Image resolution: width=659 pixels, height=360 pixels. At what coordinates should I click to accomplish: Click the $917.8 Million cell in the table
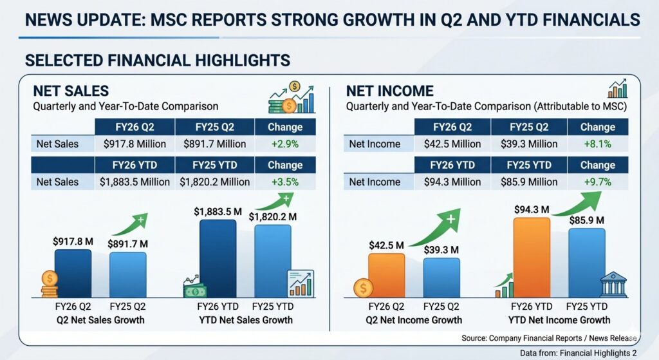pyautogui.click(x=135, y=144)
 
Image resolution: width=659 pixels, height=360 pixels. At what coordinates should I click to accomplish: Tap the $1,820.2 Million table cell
pyautogui.click(x=215, y=182)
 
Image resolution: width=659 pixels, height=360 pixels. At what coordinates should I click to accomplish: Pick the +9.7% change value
pyautogui.click(x=597, y=182)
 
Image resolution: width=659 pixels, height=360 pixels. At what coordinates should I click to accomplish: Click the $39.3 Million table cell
pyautogui.click(x=529, y=144)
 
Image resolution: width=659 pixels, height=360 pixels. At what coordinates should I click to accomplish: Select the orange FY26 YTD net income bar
pyautogui.click(x=532, y=258)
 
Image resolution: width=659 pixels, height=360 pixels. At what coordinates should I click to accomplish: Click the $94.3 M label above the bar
pyautogui.click(x=532, y=209)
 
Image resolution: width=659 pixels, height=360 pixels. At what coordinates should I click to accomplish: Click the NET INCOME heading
pyautogui.click(x=390, y=91)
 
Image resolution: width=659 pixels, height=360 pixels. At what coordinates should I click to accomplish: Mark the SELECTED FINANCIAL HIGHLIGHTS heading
pyautogui.click(x=157, y=61)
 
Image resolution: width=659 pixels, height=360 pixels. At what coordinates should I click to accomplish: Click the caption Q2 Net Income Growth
pyautogui.click(x=415, y=320)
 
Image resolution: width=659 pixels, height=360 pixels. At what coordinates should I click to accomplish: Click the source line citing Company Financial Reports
pyautogui.click(x=548, y=338)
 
